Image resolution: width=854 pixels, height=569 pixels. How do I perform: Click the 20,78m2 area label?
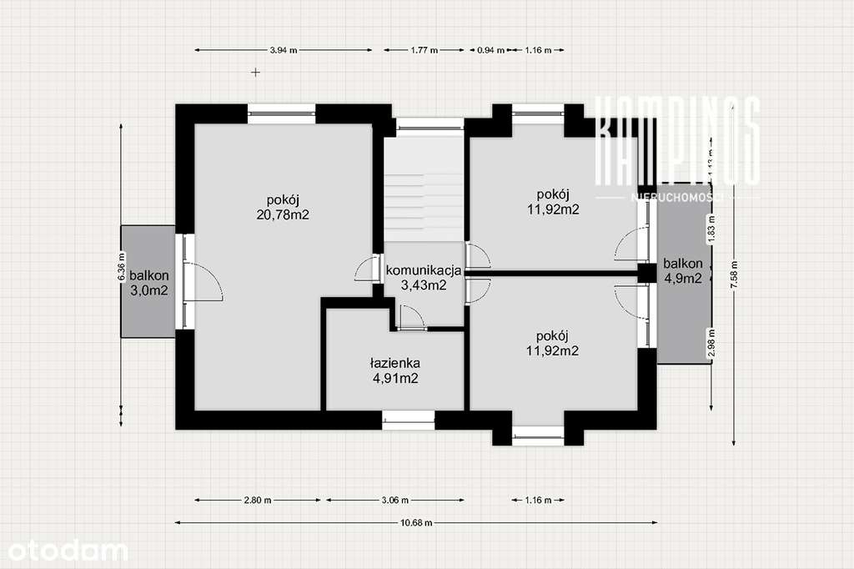tap(284, 214)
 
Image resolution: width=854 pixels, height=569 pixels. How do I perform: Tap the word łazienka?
tap(394, 364)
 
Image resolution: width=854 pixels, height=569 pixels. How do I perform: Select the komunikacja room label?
tap(424, 270)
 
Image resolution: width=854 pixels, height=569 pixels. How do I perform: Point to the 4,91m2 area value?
tap(394, 379)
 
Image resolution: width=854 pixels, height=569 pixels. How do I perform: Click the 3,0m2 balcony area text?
tap(149, 290)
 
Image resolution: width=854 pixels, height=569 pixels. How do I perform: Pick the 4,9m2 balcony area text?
tap(682, 279)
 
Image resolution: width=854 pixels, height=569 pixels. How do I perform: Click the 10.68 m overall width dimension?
tap(416, 523)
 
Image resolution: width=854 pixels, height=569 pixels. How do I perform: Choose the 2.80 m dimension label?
tap(258, 501)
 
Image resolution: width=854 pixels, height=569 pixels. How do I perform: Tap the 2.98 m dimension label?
tap(711, 346)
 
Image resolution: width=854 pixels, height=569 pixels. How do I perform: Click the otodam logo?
tap(64, 551)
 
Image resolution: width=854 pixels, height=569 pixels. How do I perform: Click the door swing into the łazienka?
tap(410, 317)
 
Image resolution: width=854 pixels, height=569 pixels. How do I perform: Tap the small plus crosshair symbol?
tap(256, 73)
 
